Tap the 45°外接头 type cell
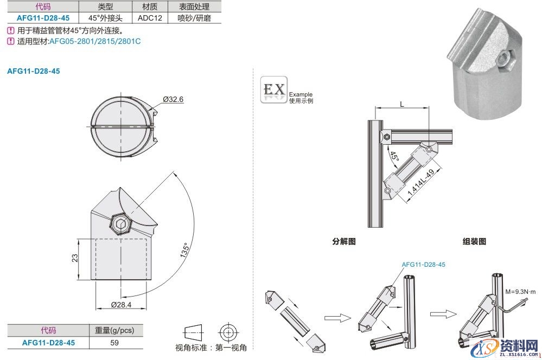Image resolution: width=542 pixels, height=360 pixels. click(106, 17)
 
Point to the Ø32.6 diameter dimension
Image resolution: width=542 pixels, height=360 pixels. click(174, 99)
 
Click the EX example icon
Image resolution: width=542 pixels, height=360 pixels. click(273, 89)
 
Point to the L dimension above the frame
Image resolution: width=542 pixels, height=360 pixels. click(401, 103)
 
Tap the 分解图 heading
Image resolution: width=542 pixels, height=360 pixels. click(343, 241)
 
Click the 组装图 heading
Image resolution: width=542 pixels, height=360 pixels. click(474, 241)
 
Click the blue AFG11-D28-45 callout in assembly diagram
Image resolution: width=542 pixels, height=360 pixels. click(424, 264)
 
